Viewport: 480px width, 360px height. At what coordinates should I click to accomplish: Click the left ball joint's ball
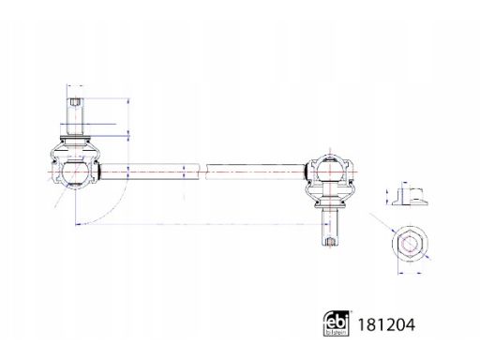click(x=74, y=172)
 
